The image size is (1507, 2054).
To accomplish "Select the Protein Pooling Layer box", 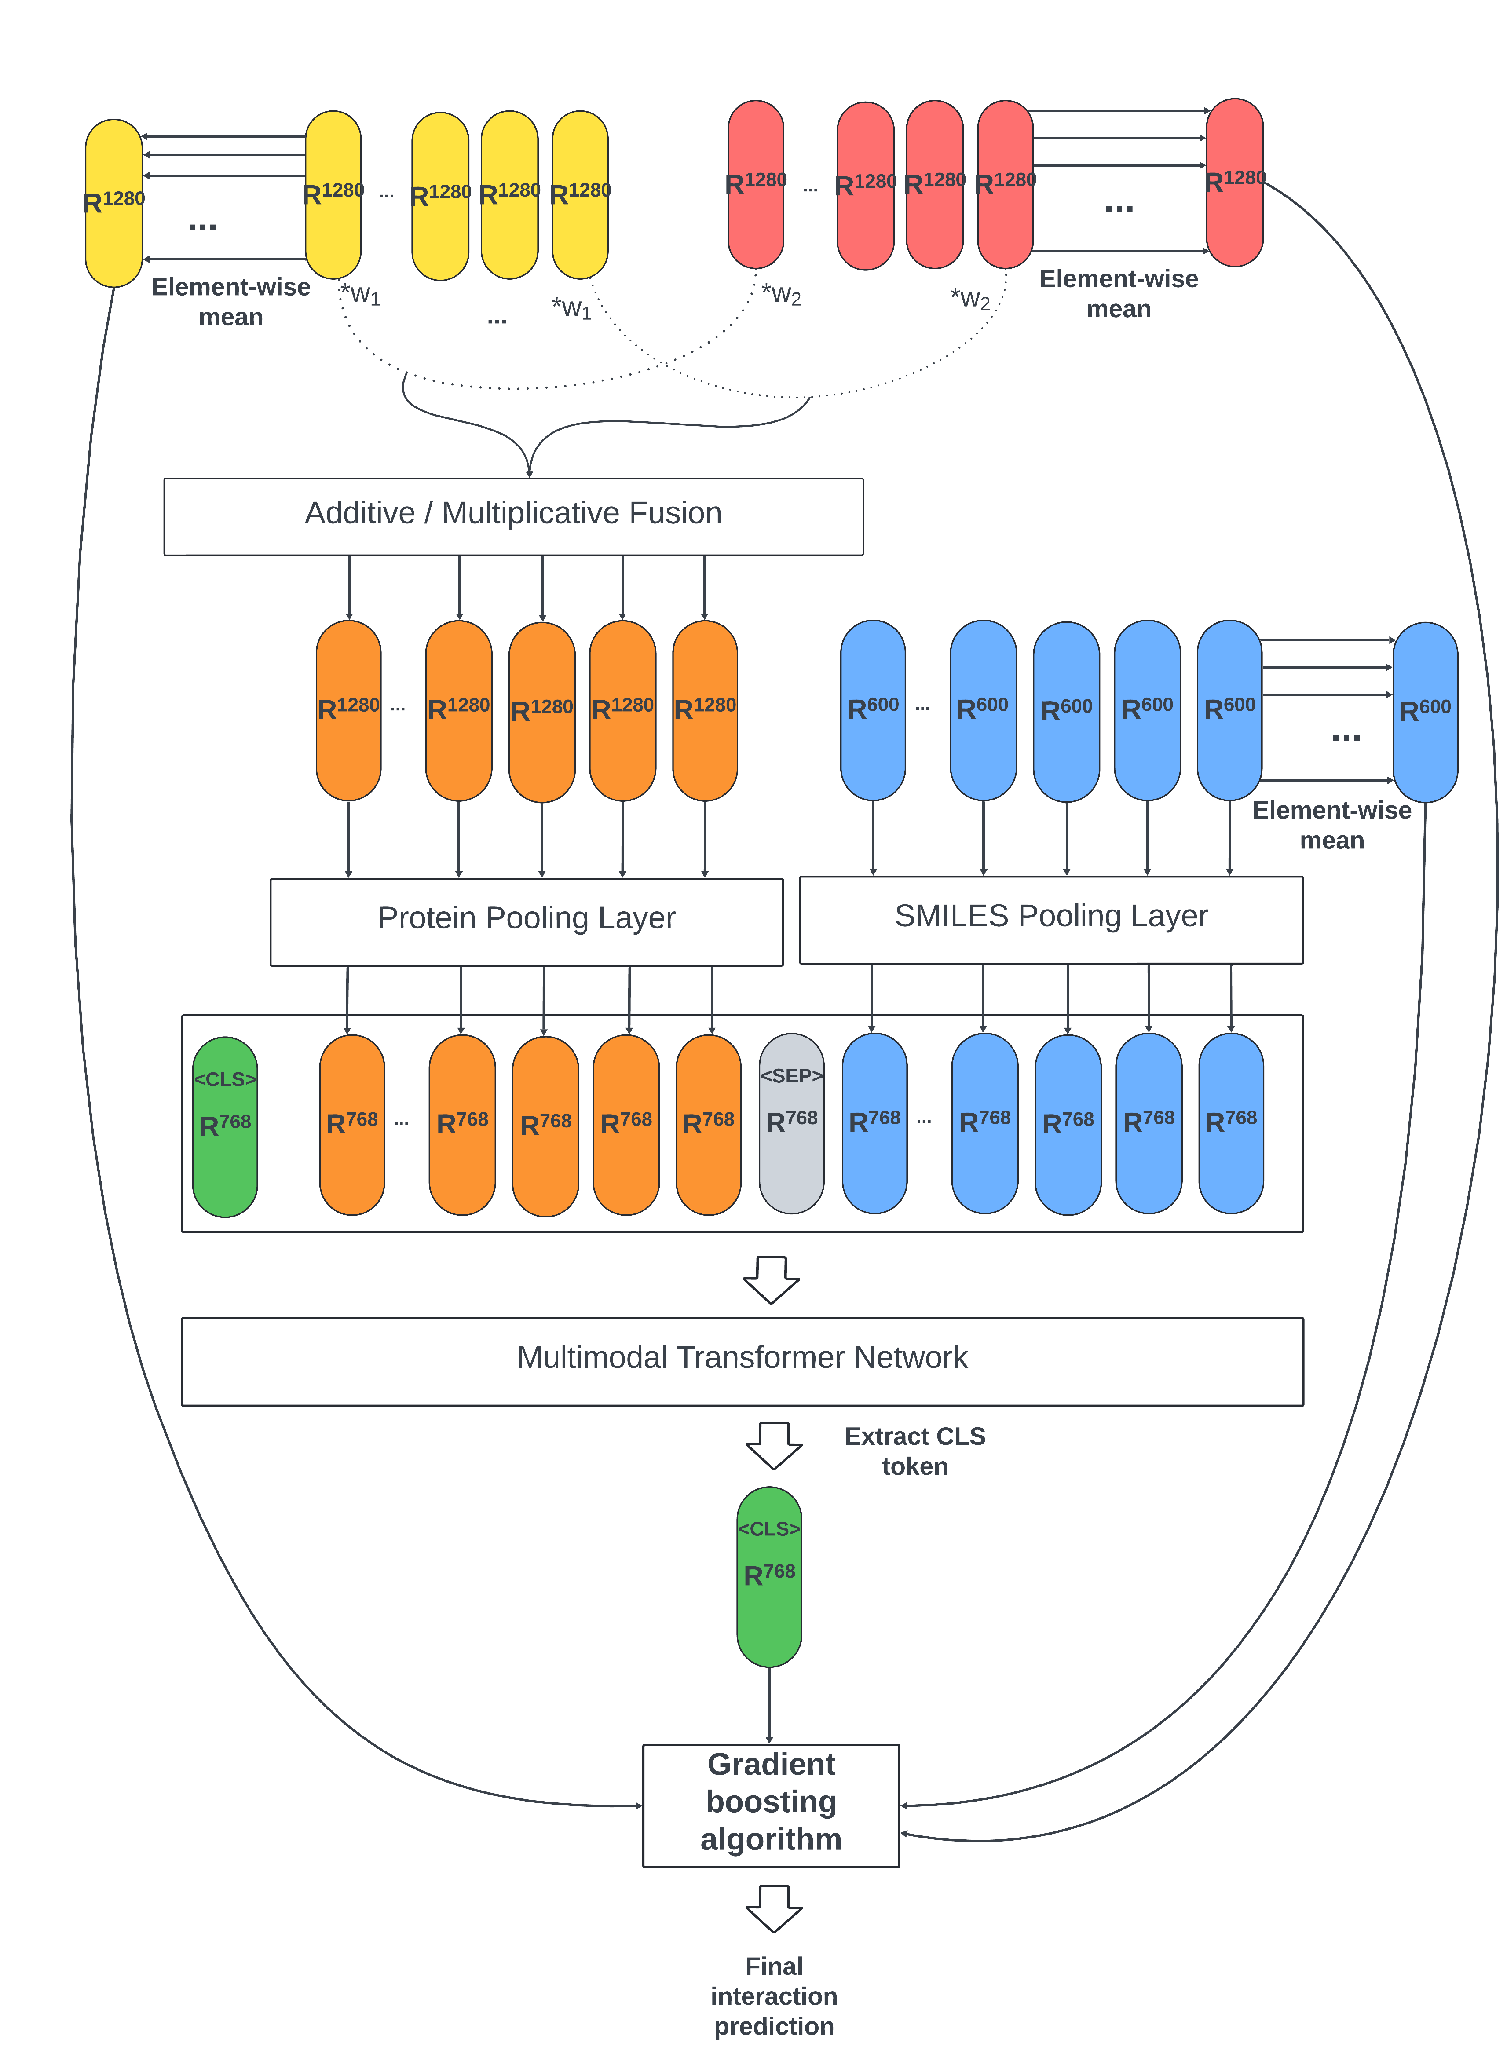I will pos(527,921).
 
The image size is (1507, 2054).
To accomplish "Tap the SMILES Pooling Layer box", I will pos(1051,919).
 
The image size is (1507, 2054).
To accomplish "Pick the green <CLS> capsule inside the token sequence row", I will pos(225,1126).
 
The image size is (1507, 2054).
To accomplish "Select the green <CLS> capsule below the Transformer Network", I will pos(769,1576).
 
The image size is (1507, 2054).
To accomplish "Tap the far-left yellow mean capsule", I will pos(114,202).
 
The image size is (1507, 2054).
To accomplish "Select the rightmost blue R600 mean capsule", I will pos(1425,711).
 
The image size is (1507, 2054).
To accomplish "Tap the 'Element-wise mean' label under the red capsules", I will pos(1119,294).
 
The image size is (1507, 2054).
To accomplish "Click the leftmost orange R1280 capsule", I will pos(348,710).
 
